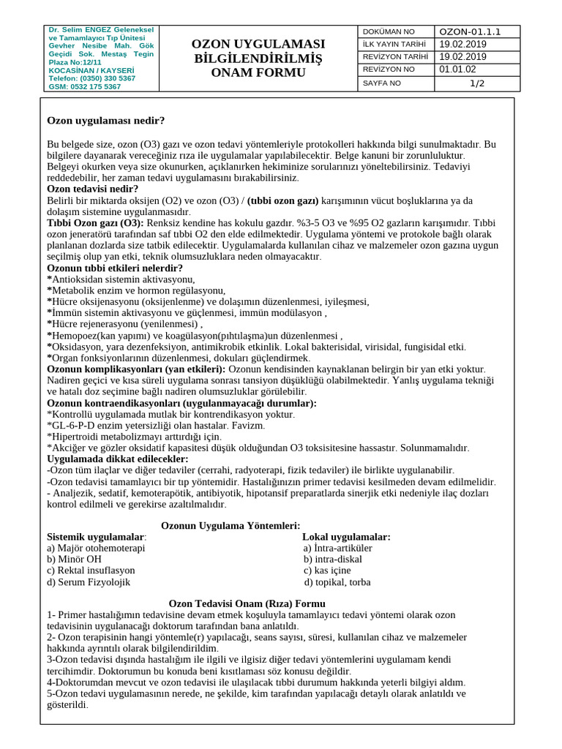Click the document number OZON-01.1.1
click(468, 31)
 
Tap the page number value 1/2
click(477, 83)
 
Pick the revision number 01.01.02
click(457, 69)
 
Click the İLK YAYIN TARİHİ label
click(394, 45)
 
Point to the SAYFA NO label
click(382, 83)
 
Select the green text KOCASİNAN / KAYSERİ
click(86, 70)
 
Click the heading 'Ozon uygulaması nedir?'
click(106, 120)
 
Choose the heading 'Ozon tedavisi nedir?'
click(93, 189)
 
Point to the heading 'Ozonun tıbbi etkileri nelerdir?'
click(115, 268)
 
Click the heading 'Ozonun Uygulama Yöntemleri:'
click(231, 525)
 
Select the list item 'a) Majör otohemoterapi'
click(96, 548)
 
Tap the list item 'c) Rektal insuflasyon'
click(91, 571)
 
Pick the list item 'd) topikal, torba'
click(337, 582)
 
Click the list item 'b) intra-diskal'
click(333, 560)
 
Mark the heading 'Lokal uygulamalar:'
click(346, 537)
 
